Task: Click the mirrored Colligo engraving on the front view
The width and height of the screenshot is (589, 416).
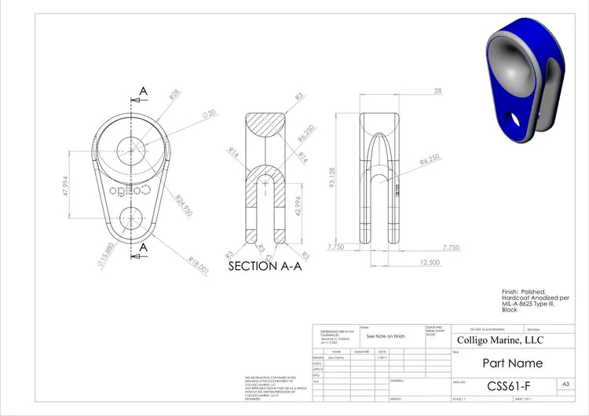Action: click(131, 190)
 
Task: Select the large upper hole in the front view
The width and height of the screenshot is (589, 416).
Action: click(131, 149)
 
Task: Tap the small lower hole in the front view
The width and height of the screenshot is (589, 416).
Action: click(131, 218)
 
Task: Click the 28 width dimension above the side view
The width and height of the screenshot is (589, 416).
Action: click(437, 91)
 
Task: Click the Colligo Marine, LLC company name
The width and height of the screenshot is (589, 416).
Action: click(499, 340)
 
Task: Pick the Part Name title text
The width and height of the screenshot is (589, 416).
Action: click(511, 363)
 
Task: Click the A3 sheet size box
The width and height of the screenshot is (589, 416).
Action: click(565, 384)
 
